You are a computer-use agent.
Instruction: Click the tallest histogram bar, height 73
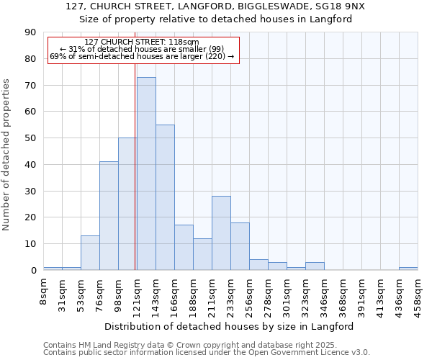[x=146, y=174]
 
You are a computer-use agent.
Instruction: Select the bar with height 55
[x=165, y=197]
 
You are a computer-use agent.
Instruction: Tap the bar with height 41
[x=109, y=216]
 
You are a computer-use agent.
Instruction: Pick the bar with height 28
[x=221, y=233]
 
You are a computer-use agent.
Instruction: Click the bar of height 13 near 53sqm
[x=90, y=253]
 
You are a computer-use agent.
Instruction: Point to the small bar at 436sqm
[x=408, y=269]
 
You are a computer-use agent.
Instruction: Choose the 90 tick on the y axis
[x=31, y=32]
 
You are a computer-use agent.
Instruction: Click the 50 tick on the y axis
[x=31, y=138]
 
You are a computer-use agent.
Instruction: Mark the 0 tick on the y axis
[x=34, y=271]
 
